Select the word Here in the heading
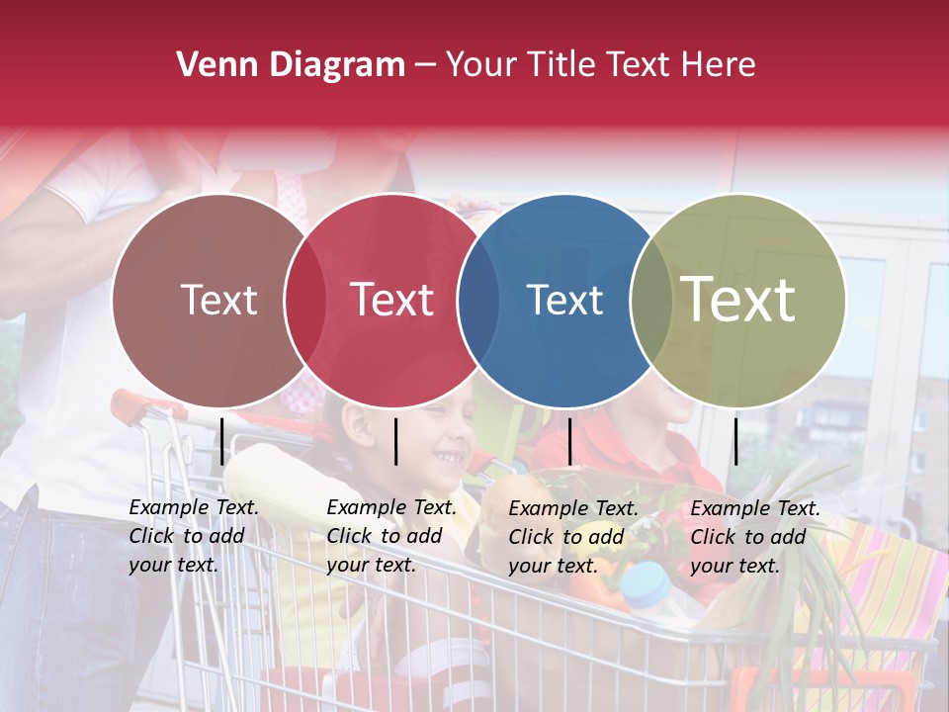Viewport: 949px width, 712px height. click(x=720, y=65)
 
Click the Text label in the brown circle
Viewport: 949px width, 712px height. click(x=218, y=300)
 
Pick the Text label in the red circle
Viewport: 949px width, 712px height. click(x=391, y=300)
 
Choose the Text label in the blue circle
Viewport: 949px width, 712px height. click(x=564, y=300)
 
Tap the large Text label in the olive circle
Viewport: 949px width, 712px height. click(x=738, y=300)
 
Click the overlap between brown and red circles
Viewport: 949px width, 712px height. click(x=305, y=301)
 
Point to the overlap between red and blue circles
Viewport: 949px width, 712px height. click(x=478, y=301)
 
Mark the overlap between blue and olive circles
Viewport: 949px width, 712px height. click(x=651, y=301)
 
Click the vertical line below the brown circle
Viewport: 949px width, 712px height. click(x=222, y=441)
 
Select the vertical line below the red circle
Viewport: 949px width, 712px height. click(x=395, y=441)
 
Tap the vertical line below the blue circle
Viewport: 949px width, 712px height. click(x=569, y=441)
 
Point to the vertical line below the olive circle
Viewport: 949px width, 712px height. click(x=735, y=441)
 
